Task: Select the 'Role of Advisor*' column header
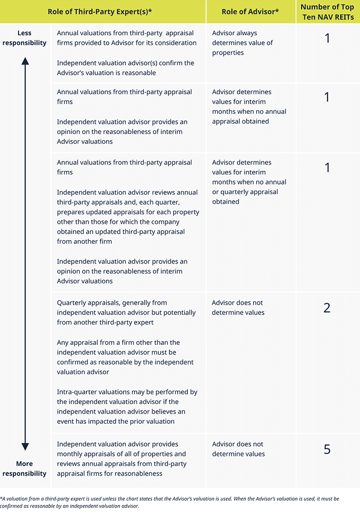[250, 11]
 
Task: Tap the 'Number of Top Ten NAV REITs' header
[327, 11]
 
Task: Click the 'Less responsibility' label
[25, 38]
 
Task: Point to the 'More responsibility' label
[25, 468]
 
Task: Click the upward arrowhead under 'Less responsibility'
[25, 61]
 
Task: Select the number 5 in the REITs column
[327, 449]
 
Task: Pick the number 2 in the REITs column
[327, 308]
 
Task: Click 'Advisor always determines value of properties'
[242, 43]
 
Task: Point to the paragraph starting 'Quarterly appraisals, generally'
[126, 312]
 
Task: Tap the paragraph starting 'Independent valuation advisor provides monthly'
[122, 458]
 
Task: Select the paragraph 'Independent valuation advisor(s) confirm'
[125, 67]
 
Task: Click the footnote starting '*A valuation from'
[170, 502]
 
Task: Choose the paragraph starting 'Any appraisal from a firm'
[125, 357]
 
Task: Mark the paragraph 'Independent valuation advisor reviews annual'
[128, 217]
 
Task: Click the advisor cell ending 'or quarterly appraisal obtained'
[249, 182]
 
